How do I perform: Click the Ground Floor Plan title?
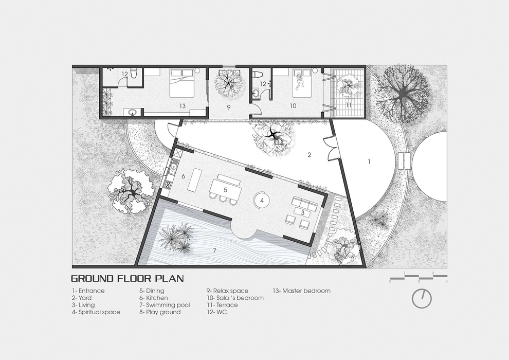128,279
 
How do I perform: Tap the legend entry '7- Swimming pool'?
165,305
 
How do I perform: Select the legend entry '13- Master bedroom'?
301,291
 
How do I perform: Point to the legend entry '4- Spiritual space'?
96,312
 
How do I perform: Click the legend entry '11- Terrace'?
222,305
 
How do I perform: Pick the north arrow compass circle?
422,298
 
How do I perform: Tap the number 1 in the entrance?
369,161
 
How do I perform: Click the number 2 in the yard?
310,155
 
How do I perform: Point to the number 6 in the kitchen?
184,176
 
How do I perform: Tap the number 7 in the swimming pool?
214,250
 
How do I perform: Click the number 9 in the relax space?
228,107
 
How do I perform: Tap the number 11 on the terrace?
349,104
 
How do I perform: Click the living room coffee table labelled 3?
302,212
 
